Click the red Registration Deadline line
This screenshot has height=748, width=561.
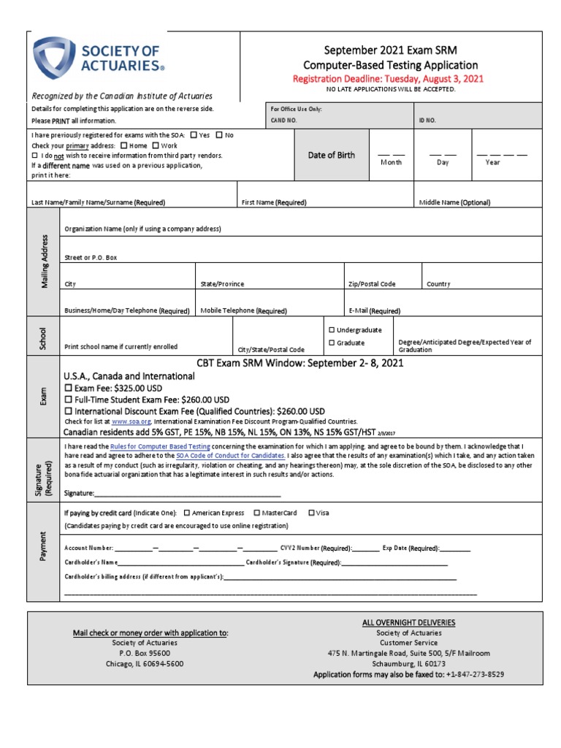(388, 79)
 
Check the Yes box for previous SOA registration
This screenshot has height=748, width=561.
(194, 135)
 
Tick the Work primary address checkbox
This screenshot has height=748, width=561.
(156, 145)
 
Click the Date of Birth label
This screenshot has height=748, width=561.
(331, 155)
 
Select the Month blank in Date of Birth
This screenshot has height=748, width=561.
(391, 154)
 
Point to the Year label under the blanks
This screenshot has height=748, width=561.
(493, 162)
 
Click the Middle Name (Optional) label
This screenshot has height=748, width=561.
(454, 202)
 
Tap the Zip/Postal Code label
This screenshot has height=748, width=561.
(372, 283)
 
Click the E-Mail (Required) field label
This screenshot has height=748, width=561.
(375, 310)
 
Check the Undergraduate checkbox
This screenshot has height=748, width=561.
(332, 330)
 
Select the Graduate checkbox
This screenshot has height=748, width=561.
(332, 343)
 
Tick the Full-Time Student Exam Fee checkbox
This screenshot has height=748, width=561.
(69, 400)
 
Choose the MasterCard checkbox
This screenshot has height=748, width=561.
(257, 513)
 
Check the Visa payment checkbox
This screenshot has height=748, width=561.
(312, 513)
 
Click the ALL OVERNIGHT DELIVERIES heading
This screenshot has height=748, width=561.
(408, 622)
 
